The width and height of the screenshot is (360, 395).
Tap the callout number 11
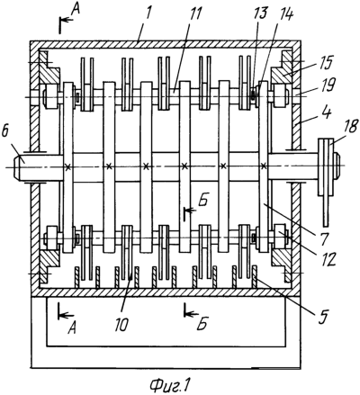click(193, 13)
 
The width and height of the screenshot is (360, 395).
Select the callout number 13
click(261, 13)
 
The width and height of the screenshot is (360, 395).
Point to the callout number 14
click(285, 13)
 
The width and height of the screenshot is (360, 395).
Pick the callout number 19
click(328, 85)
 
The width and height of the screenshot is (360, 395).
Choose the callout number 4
click(328, 113)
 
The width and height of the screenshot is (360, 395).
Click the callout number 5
click(323, 316)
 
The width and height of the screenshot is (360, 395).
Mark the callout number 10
click(122, 325)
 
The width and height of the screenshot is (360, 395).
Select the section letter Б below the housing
click(203, 325)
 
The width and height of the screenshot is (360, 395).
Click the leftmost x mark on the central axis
click(68, 166)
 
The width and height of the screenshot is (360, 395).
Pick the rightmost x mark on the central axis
click(264, 166)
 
